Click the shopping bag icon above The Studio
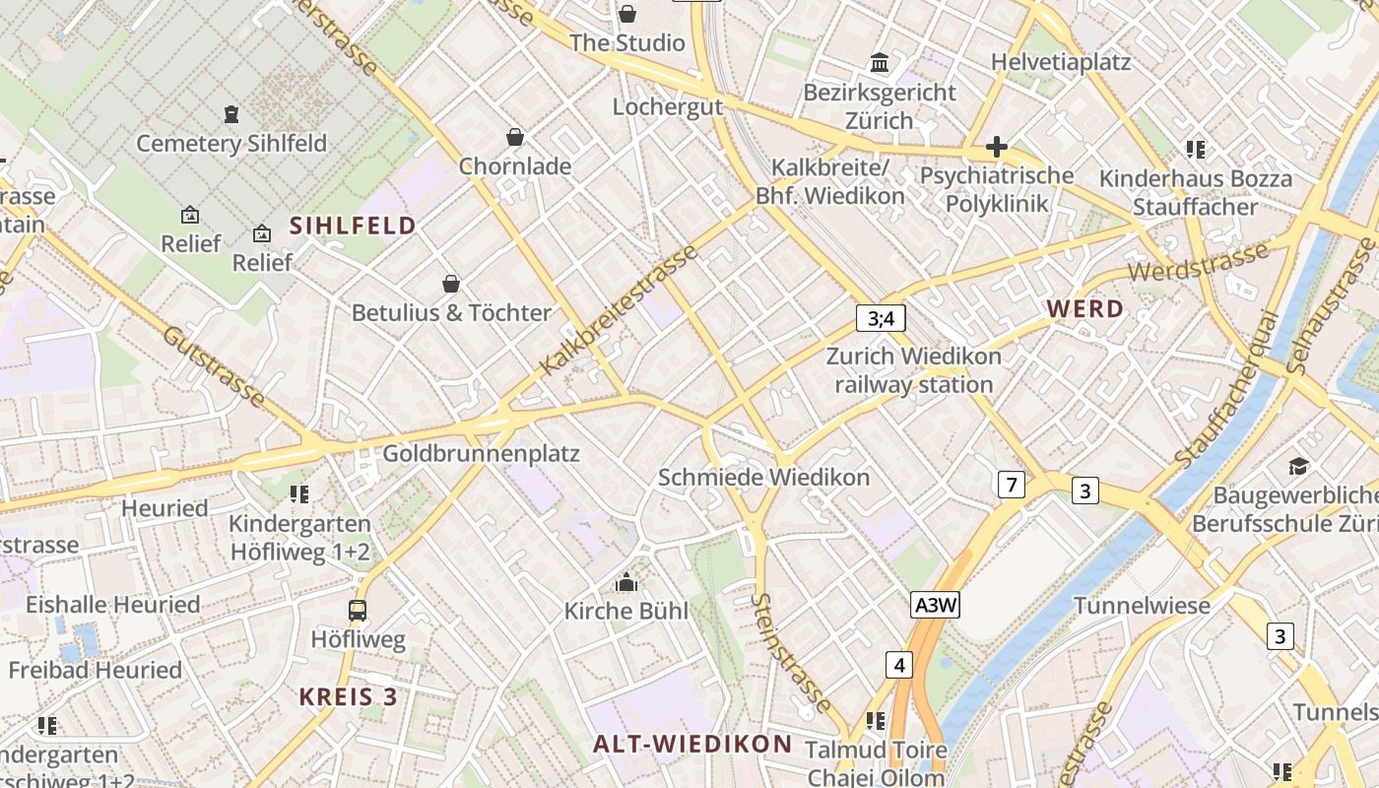pos(627,14)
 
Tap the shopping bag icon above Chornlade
pos(514,137)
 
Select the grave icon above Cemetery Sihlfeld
pos(231,114)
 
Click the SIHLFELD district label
pos(353,226)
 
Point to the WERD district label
pos(1084,308)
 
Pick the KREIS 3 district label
pos(349,696)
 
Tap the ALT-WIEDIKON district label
pos(692,743)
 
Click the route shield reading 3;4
pos(880,318)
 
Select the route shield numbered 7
pos(1011,485)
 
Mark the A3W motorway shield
pos(935,605)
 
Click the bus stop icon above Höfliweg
pos(358,611)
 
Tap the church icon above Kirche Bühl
pos(625,583)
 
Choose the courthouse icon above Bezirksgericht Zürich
pos(880,64)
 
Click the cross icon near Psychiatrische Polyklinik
pos(996,148)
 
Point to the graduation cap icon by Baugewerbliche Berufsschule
pos(1298,465)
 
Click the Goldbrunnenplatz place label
pos(481,454)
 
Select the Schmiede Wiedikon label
pos(763,478)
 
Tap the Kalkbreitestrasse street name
pos(620,309)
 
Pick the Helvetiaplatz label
pos(1061,62)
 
